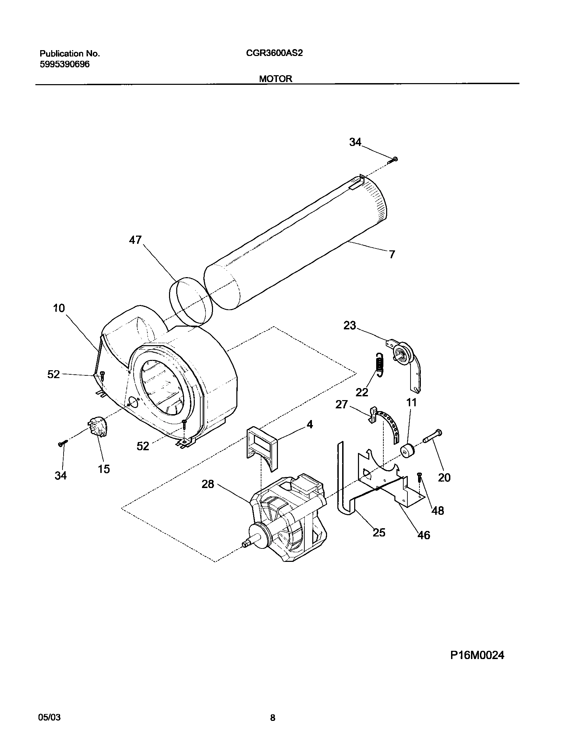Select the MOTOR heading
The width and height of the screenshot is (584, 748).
(276, 79)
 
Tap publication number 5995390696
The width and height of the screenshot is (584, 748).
(65, 64)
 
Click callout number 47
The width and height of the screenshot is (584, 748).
(135, 240)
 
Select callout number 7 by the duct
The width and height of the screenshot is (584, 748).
(392, 254)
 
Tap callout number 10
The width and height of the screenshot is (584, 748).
(59, 308)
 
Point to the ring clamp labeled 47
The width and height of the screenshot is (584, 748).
(191, 301)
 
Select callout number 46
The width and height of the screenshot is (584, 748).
(424, 535)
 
